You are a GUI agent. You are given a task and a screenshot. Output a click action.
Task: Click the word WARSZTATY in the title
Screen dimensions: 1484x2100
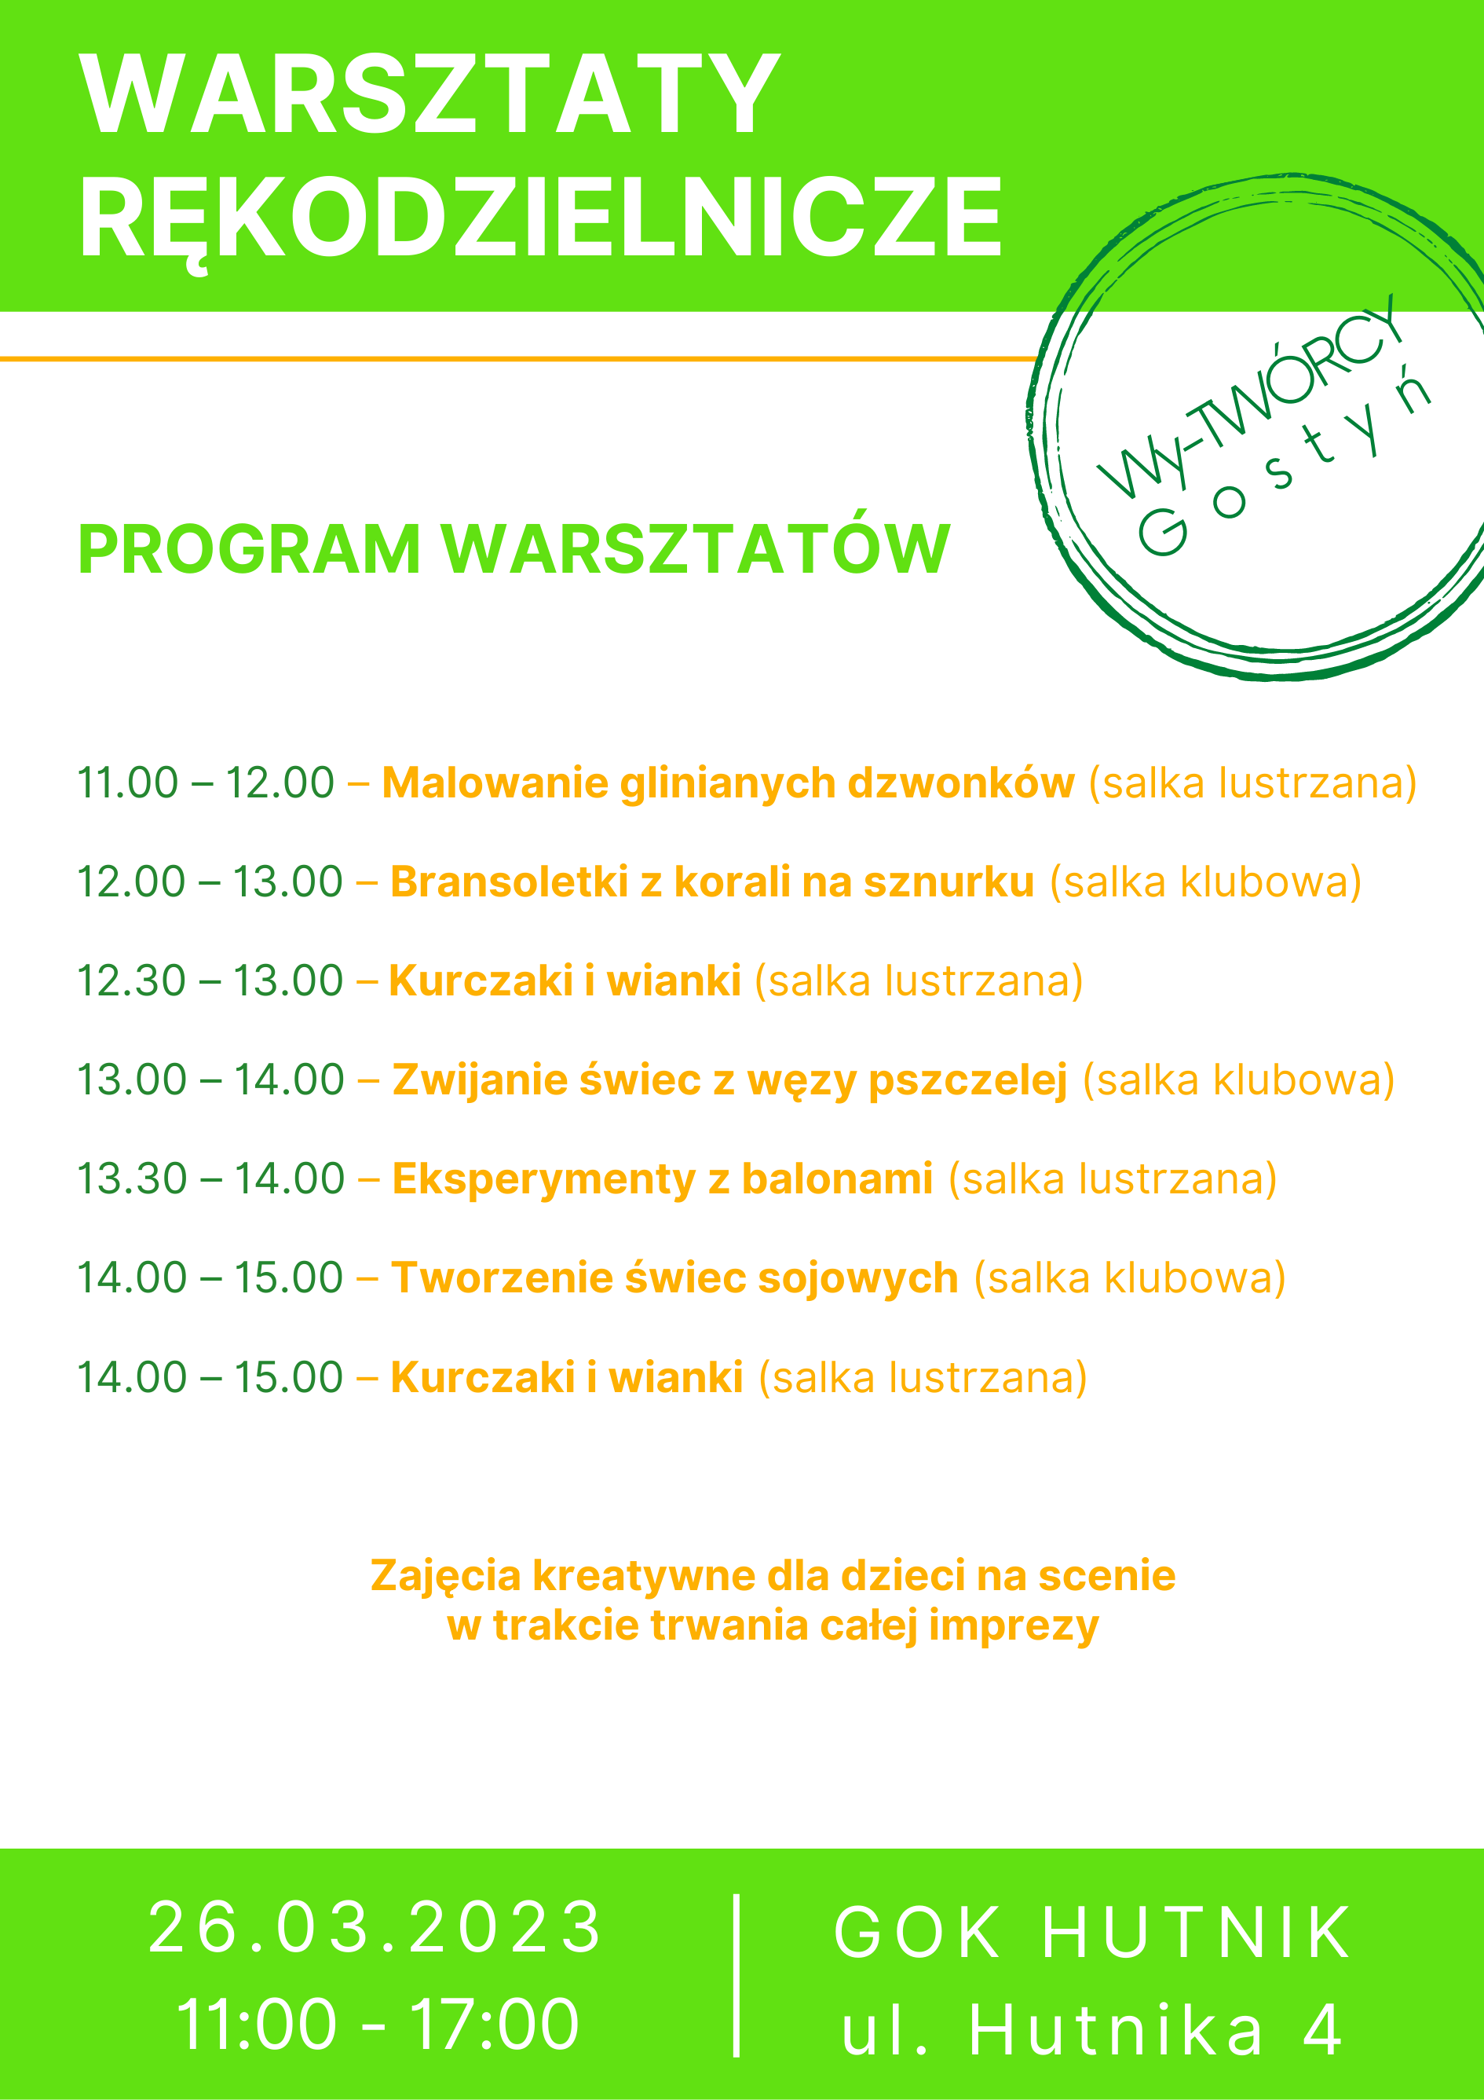coord(429,94)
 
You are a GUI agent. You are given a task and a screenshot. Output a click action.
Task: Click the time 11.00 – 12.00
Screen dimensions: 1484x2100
coord(206,783)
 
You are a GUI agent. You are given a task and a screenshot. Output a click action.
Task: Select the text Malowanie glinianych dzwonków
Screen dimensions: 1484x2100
coord(728,784)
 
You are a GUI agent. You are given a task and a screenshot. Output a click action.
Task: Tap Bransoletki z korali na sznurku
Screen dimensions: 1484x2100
coord(712,882)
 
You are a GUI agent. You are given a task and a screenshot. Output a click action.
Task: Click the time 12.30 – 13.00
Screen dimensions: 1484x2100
coord(210,980)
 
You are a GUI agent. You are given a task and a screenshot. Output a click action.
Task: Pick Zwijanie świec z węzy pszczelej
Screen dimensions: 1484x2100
coord(729,1081)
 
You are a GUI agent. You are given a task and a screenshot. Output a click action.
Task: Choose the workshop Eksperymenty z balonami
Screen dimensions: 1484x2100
coord(663,1179)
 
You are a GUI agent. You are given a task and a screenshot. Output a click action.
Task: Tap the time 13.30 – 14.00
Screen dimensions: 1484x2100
coord(210,1179)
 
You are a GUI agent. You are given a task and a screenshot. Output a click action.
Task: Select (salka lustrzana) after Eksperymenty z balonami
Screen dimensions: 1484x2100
coord(1113,1179)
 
